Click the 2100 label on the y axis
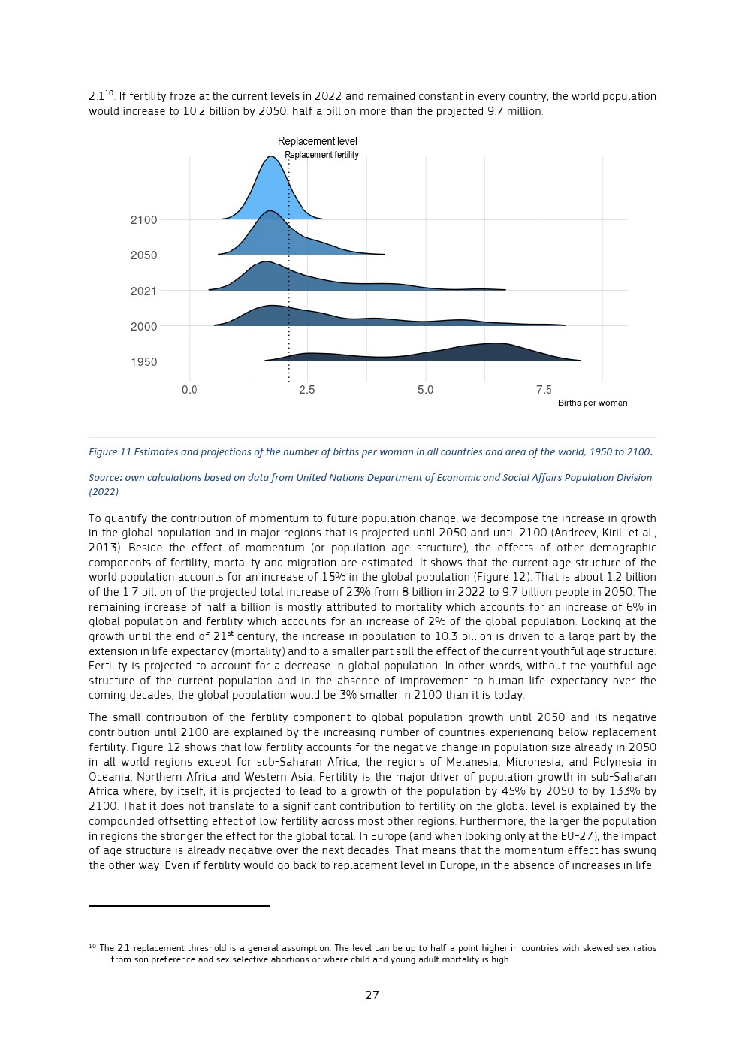(143, 220)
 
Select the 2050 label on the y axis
(143, 255)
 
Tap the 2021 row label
(143, 291)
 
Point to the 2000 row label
(143, 327)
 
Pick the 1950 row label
(143, 362)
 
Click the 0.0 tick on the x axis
(189, 390)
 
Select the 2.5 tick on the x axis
(307, 390)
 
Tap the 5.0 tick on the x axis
(425, 390)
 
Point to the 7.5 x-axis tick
(544, 390)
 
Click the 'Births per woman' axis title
(592, 403)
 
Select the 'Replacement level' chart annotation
(317, 141)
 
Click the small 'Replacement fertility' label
(321, 155)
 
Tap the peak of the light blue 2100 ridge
(270, 157)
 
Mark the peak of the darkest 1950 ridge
(496, 344)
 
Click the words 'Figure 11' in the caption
(110, 452)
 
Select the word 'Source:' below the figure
(105, 478)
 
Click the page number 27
(372, 995)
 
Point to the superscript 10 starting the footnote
(92, 947)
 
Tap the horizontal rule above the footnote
(179, 906)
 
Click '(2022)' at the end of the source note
(104, 492)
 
